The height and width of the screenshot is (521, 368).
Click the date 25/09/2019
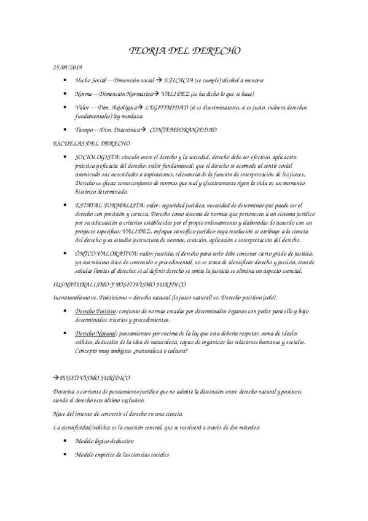click(68, 66)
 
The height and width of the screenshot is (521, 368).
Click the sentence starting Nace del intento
click(120, 413)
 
